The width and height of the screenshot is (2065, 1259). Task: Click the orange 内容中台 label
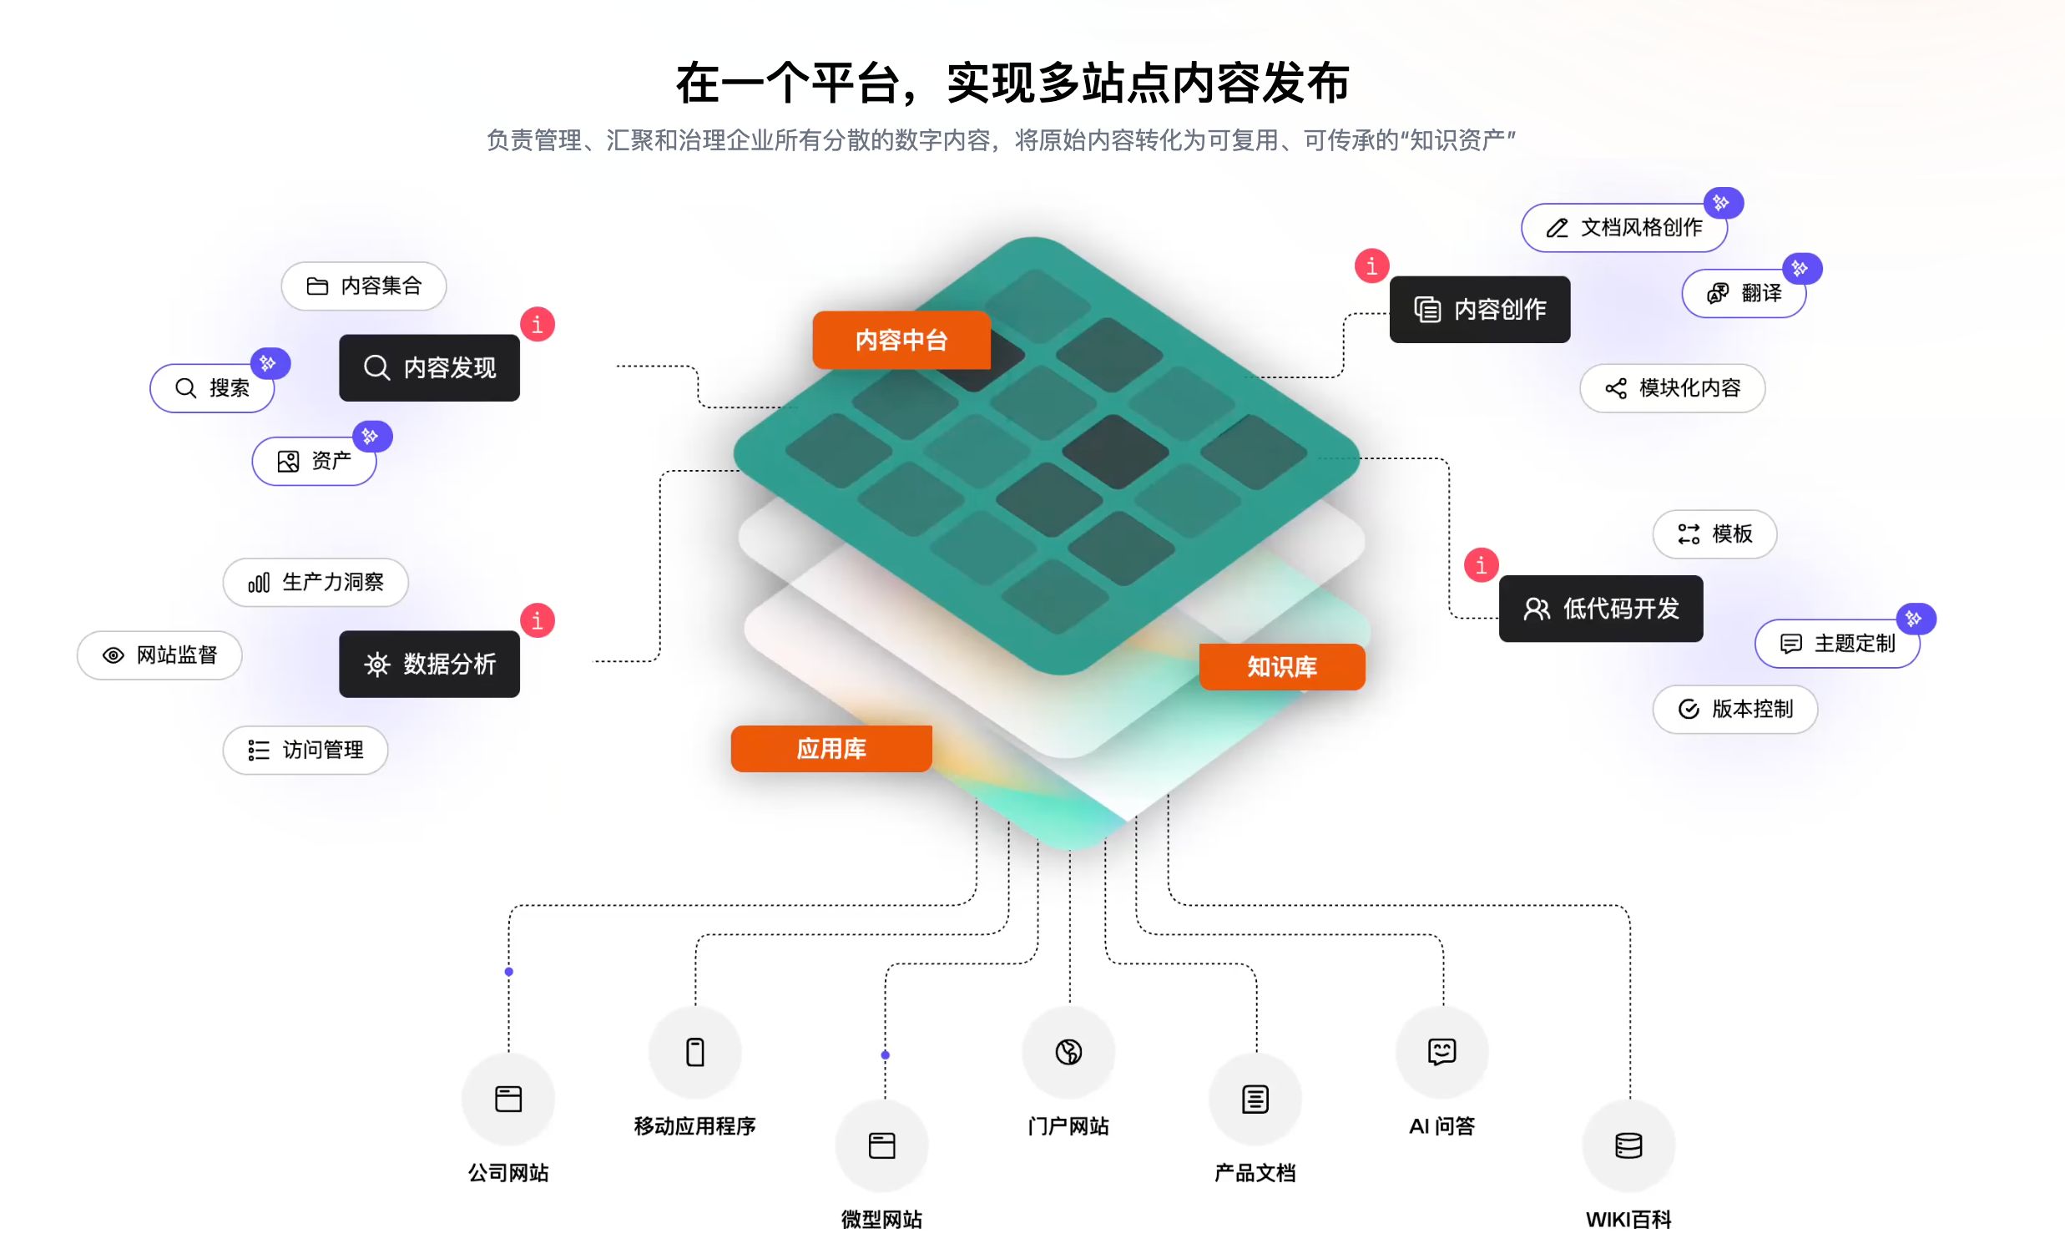(x=901, y=340)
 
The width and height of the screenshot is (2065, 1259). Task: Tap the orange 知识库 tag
(x=1281, y=666)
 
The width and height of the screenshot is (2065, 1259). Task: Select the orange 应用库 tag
(x=831, y=749)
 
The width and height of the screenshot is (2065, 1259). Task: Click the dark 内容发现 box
(x=429, y=367)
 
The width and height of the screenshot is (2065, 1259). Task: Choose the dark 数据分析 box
(x=429, y=664)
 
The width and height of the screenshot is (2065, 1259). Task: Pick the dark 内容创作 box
(x=1479, y=309)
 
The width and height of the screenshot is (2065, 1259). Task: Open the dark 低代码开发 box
(x=1601, y=609)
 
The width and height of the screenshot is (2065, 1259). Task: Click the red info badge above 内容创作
(x=1372, y=265)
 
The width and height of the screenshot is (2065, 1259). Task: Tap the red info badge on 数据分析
(x=538, y=620)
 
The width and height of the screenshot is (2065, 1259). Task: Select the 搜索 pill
(x=212, y=388)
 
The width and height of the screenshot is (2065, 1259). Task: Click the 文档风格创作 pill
(x=1623, y=228)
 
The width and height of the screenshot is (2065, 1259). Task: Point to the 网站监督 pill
(x=159, y=655)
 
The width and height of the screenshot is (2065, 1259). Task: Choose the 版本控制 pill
(x=1734, y=709)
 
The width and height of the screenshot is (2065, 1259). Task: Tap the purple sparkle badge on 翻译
(x=1801, y=268)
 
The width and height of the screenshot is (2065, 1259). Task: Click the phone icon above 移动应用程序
(x=694, y=1052)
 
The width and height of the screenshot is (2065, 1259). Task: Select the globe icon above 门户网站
(x=1068, y=1052)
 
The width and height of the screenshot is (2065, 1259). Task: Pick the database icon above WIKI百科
(x=1628, y=1145)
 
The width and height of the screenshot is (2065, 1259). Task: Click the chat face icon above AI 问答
(x=1441, y=1051)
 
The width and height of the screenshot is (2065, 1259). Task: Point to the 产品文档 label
(x=1255, y=1173)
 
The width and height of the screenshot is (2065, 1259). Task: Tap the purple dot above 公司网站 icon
(x=508, y=972)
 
